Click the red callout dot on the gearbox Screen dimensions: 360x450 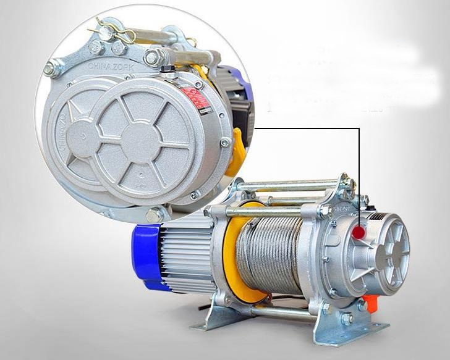point(359,232)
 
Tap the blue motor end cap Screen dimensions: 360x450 point(145,255)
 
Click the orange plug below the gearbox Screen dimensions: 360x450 point(370,303)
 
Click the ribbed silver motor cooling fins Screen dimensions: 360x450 point(185,253)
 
